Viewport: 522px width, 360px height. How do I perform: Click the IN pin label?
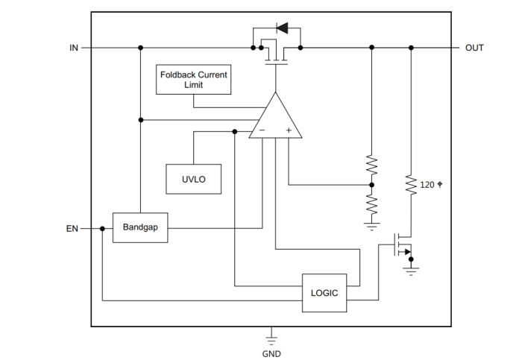74,48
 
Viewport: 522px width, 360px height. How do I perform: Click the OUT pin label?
474,48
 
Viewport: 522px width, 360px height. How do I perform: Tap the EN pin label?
72,229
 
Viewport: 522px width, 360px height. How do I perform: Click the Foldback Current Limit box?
194,80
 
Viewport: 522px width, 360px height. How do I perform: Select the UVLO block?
193,179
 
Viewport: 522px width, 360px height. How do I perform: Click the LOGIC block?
324,292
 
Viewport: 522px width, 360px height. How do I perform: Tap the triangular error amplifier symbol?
275,119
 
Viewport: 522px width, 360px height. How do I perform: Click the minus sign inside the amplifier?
262,131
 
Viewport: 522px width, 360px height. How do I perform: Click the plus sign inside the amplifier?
289,131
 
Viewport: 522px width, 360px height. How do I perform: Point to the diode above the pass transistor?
282,29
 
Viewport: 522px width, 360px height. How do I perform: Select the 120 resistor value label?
430,184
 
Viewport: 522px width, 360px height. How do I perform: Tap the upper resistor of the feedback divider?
371,165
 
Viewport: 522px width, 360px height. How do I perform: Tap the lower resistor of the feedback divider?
371,203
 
